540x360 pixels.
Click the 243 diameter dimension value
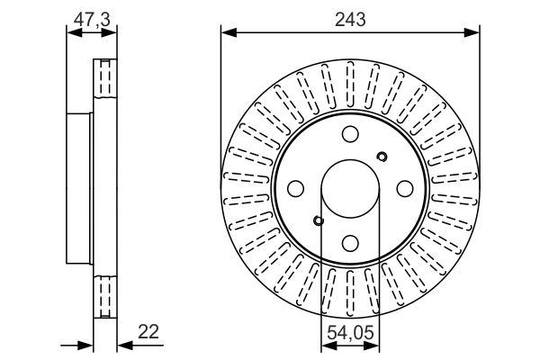(350, 20)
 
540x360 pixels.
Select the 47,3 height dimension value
(92, 19)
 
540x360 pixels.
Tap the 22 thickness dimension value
(148, 332)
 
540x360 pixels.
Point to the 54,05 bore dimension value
(350, 333)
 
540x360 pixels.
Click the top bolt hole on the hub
(350, 134)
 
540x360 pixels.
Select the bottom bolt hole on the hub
(350, 243)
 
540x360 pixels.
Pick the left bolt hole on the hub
(295, 189)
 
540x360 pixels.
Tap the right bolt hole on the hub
(405, 189)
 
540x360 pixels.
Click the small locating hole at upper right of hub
(382, 157)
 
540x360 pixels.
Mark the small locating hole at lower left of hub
(319, 220)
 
